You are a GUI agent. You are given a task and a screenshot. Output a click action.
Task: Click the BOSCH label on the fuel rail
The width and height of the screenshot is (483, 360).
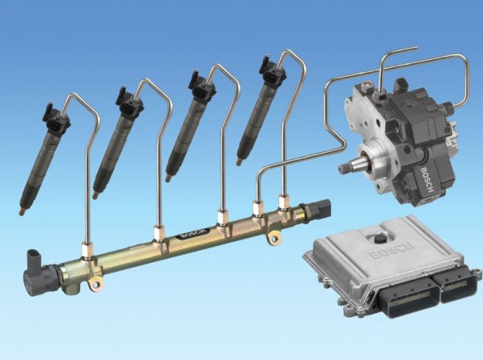pyautogui.click(x=194, y=234)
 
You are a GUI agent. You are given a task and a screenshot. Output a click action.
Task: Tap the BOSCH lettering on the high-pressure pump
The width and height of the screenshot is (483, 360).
pyautogui.click(x=426, y=180)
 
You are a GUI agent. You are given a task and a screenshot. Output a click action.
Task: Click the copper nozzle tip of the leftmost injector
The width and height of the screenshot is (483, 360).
pyautogui.click(x=22, y=212)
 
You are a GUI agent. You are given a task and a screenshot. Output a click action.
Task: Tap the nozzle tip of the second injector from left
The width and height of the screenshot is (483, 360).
pyautogui.click(x=96, y=196)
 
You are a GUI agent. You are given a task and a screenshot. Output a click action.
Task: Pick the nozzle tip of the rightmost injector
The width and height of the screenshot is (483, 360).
pyautogui.click(x=238, y=162)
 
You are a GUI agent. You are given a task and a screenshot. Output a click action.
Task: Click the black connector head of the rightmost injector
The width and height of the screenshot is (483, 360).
pyautogui.click(x=272, y=70)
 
